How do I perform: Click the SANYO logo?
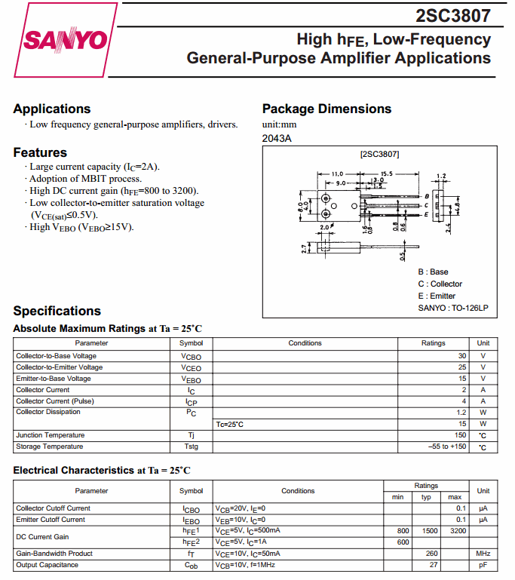click(x=66, y=39)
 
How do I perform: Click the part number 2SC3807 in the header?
click(x=453, y=15)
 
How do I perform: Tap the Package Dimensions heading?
click(x=326, y=109)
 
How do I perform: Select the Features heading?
click(x=40, y=152)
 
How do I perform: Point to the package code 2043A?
click(x=277, y=138)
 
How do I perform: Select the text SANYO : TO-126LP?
click(x=452, y=308)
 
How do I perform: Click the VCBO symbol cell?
click(x=191, y=356)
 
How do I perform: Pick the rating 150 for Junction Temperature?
click(x=460, y=435)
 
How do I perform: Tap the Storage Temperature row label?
click(x=50, y=447)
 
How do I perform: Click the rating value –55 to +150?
click(x=447, y=447)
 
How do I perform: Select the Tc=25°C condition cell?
click(x=230, y=424)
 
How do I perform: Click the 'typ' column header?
click(x=426, y=497)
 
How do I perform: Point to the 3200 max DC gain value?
click(x=455, y=531)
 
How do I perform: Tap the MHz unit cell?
click(x=483, y=554)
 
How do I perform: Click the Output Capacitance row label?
click(x=47, y=565)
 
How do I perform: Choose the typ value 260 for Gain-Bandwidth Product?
click(x=432, y=554)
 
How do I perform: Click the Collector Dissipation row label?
click(x=48, y=413)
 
